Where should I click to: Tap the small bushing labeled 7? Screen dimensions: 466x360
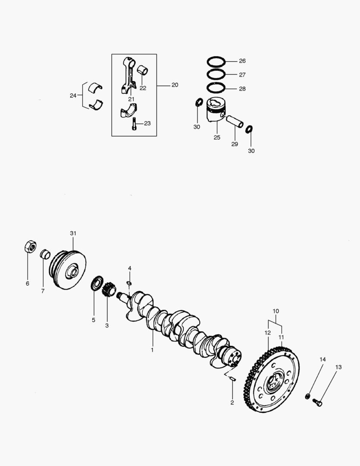click(x=45, y=254)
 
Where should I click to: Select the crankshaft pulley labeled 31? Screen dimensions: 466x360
click(x=68, y=268)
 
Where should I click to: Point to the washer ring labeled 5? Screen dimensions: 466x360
click(x=97, y=285)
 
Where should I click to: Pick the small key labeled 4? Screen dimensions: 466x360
click(x=129, y=283)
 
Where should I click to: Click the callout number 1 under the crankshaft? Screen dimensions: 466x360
click(x=152, y=350)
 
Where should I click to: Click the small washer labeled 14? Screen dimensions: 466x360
click(x=307, y=396)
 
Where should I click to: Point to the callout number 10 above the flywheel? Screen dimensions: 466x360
click(x=276, y=311)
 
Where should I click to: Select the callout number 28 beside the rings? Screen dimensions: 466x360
click(x=242, y=88)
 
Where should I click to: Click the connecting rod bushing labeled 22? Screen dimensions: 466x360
click(x=143, y=69)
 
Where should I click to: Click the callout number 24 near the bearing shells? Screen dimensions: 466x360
click(x=73, y=95)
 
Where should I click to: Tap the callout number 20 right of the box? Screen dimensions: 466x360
click(x=174, y=85)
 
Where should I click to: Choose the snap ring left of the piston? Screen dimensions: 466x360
click(x=199, y=103)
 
